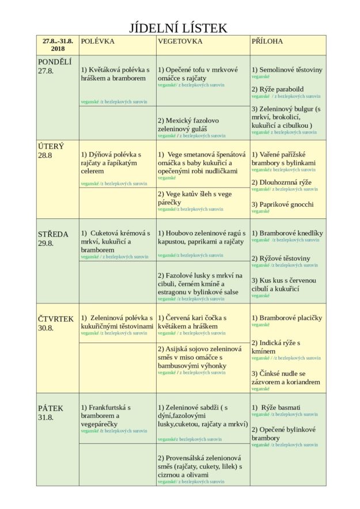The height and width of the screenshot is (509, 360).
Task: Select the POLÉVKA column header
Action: click(98, 41)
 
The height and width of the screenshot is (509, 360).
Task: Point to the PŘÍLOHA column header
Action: click(267, 41)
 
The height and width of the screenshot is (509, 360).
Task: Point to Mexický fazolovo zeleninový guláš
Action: click(188, 125)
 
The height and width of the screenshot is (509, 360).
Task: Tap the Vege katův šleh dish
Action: click(195, 198)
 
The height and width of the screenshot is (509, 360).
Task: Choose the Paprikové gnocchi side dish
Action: click(283, 204)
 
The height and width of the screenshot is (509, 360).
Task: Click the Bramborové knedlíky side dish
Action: click(287, 233)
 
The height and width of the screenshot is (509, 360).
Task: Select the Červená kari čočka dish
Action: click(192, 322)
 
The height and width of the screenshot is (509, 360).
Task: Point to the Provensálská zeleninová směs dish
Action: click(199, 466)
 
